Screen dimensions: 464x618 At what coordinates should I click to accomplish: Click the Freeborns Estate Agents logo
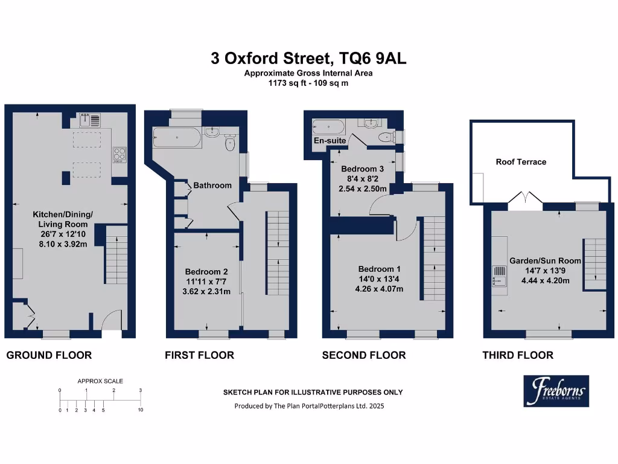pyautogui.click(x=556, y=390)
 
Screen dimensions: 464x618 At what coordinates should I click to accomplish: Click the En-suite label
pyautogui.click(x=330, y=141)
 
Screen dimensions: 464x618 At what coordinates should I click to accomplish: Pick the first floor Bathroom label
pyautogui.click(x=212, y=185)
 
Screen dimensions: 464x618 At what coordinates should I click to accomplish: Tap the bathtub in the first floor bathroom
pyautogui.click(x=176, y=137)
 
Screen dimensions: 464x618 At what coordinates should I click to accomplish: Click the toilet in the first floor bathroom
pyautogui.click(x=229, y=144)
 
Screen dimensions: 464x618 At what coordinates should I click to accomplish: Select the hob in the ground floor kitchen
pyautogui.click(x=118, y=155)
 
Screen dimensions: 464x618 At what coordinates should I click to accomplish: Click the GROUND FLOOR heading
pyautogui.click(x=49, y=355)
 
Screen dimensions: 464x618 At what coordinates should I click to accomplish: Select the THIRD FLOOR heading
pyautogui.click(x=518, y=355)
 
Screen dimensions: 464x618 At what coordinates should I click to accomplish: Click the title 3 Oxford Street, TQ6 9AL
pyautogui.click(x=308, y=59)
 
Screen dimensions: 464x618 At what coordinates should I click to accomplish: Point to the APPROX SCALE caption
pyautogui.click(x=100, y=381)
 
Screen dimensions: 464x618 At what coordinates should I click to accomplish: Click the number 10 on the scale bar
pyautogui.click(x=141, y=410)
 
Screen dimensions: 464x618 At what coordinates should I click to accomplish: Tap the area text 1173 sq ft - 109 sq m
pyautogui.click(x=308, y=84)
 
